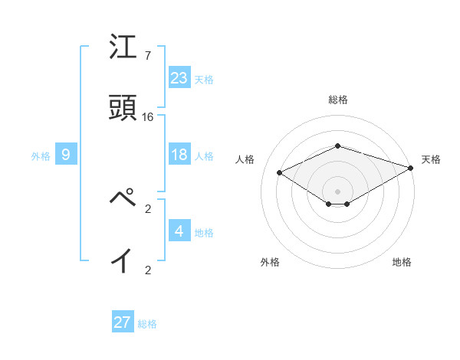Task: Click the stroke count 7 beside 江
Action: (x=147, y=55)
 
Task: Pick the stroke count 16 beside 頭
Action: (x=148, y=117)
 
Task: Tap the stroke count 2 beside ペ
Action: (x=148, y=207)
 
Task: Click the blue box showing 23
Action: (x=179, y=77)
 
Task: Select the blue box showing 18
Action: (x=179, y=155)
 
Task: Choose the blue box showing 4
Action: (x=179, y=231)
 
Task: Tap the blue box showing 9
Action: (x=66, y=155)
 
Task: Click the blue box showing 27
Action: (x=123, y=322)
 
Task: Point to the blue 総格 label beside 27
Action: (x=147, y=324)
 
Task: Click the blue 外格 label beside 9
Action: (x=41, y=156)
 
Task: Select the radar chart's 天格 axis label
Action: (x=431, y=159)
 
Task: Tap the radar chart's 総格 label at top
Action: (x=337, y=100)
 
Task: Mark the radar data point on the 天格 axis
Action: (x=411, y=168)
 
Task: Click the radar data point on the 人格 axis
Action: (x=280, y=173)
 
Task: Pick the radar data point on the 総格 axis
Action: (x=337, y=146)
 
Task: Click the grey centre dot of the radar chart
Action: (x=337, y=191)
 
